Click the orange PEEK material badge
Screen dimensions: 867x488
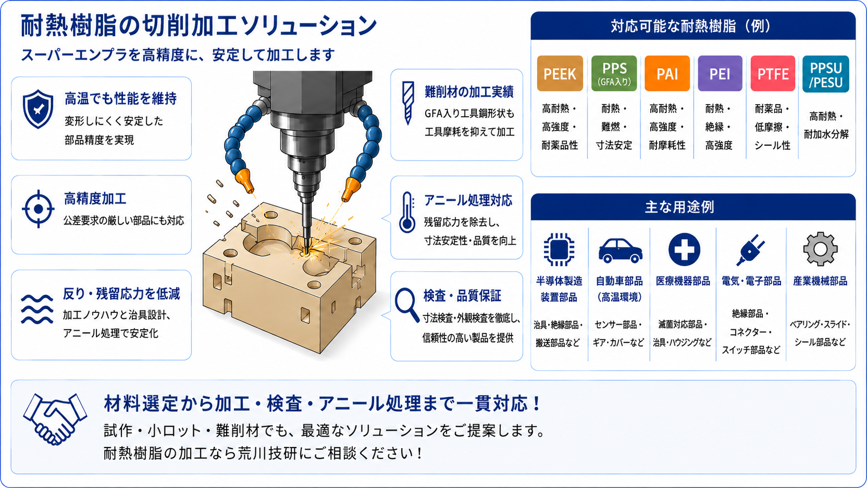coord(560,74)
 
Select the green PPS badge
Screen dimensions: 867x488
coord(614,74)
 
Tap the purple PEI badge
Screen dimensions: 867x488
coord(720,74)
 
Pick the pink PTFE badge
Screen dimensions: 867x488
coord(773,74)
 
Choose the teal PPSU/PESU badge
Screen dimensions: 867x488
coord(826,74)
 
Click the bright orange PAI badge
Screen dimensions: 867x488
coord(667,74)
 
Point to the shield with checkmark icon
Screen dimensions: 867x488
coord(37,109)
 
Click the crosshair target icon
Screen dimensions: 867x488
coord(38,209)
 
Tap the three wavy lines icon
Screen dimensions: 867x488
coord(37,309)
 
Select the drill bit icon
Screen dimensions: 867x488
coord(408,103)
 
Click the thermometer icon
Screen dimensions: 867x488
coord(407,212)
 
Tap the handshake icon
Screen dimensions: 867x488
coord(55,419)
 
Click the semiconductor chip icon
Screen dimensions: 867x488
coord(558,249)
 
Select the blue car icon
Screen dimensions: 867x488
coord(621,251)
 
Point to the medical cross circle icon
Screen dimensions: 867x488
coord(684,249)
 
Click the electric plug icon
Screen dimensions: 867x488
coord(750,250)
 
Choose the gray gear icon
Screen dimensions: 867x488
coord(820,249)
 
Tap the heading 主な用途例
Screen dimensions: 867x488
coord(680,207)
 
